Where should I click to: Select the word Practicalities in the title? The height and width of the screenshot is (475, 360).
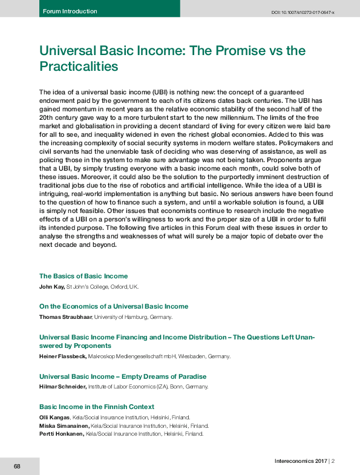(78, 65)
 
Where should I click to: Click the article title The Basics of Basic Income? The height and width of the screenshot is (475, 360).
(83, 276)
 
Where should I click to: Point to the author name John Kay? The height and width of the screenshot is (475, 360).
(51, 286)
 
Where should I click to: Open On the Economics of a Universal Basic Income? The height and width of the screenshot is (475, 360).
(114, 306)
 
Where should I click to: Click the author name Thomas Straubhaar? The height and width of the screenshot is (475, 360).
(65, 316)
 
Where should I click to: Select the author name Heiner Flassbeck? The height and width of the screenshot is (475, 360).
(62, 356)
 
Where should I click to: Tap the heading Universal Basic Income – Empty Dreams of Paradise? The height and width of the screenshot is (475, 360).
(123, 376)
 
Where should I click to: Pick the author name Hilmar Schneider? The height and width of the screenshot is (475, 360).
(63, 386)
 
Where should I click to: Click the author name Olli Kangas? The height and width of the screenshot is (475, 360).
(54, 417)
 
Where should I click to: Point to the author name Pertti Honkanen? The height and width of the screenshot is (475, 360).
(62, 434)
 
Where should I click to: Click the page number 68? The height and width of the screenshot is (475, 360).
(17, 467)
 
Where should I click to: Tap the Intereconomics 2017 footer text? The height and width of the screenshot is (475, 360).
(300, 462)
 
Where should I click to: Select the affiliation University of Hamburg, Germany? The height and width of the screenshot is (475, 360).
(133, 316)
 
